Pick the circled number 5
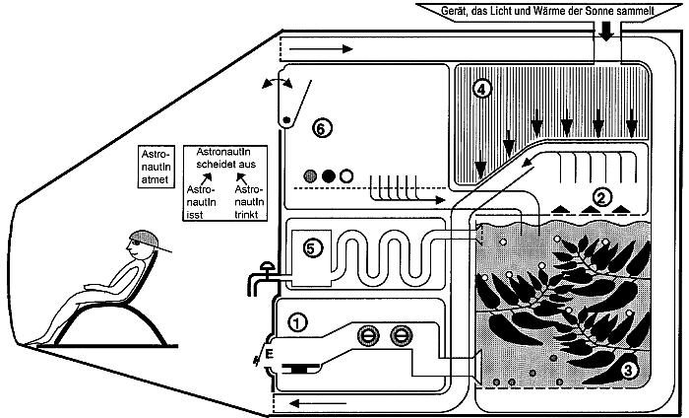(309, 249)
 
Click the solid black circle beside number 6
(329, 175)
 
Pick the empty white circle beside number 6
(345, 175)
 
